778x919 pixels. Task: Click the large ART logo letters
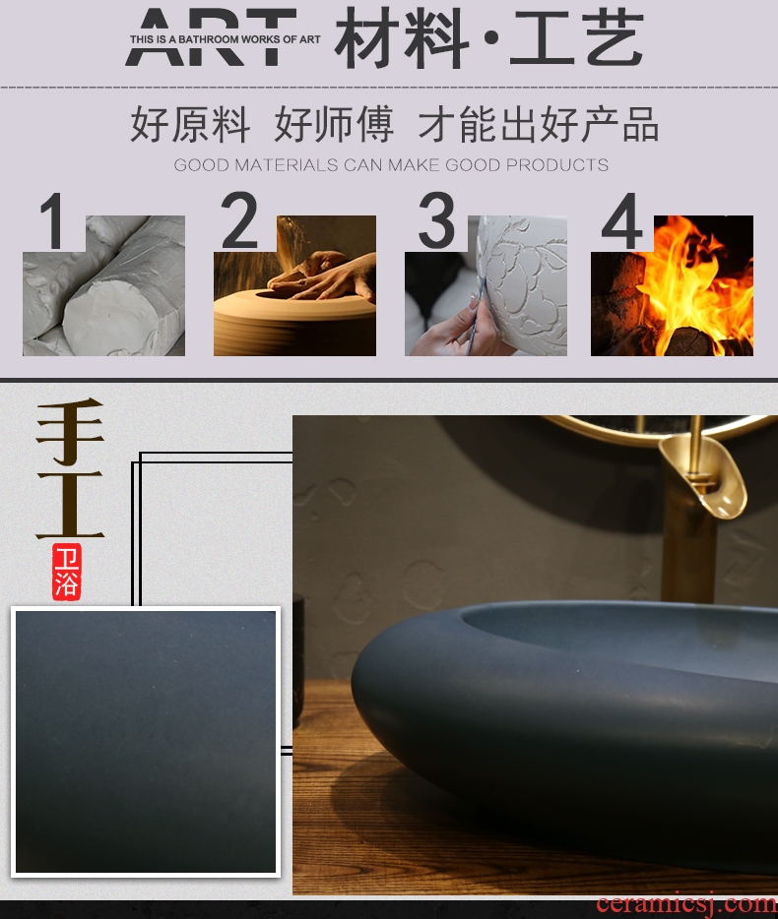[x=211, y=36]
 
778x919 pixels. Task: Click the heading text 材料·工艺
[x=488, y=37]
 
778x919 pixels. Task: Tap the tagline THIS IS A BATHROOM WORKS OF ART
[x=226, y=39]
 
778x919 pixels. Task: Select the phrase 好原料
[x=189, y=124]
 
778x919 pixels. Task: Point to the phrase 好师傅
[x=334, y=124]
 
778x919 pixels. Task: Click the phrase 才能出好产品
[x=538, y=124]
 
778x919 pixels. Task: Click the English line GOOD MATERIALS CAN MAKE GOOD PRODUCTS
[x=391, y=164]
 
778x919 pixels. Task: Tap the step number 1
[x=52, y=221]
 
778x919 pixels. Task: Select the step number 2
[x=238, y=220]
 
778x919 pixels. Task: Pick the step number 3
[x=436, y=220]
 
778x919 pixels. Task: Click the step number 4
[x=621, y=221]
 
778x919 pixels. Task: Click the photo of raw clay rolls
[x=103, y=285]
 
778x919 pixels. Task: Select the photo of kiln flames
[x=672, y=285]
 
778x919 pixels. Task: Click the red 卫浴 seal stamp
[x=66, y=572]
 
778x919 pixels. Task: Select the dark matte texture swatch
[x=146, y=742]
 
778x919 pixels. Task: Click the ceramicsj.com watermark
[x=686, y=904]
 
